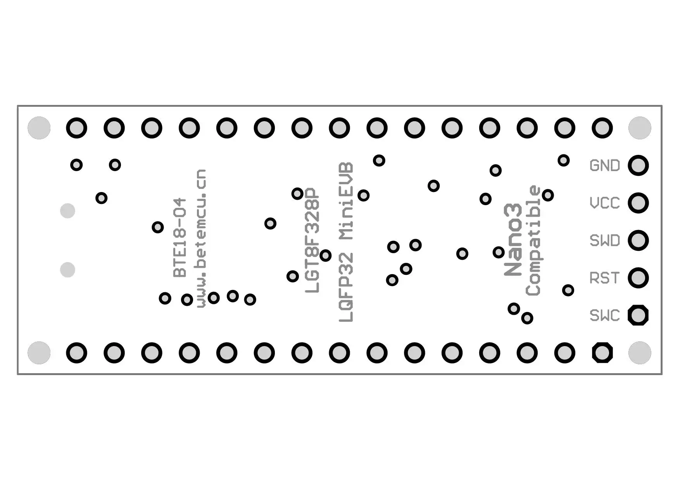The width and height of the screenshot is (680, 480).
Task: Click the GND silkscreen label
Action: click(x=604, y=166)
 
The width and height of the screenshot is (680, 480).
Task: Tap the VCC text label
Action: click(x=604, y=203)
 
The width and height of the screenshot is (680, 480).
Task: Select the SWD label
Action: click(x=604, y=241)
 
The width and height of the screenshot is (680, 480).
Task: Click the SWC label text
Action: click(x=604, y=315)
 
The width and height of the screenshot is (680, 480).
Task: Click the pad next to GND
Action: click(x=638, y=165)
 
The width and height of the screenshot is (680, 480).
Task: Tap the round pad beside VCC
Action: click(x=638, y=203)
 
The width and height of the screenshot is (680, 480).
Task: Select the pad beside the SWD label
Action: click(x=638, y=240)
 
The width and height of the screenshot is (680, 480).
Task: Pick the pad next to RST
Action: click(x=638, y=278)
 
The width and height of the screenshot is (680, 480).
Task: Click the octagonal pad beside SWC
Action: click(x=638, y=315)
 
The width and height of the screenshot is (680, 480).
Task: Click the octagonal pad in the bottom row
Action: click(x=602, y=353)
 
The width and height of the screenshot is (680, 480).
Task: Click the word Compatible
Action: click(x=533, y=241)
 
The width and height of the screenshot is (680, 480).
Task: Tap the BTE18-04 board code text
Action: click(x=179, y=238)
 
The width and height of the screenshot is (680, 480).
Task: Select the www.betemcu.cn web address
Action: click(x=201, y=238)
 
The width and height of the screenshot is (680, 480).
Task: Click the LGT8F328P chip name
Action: click(x=312, y=240)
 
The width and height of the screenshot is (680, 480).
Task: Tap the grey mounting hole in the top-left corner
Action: click(x=39, y=128)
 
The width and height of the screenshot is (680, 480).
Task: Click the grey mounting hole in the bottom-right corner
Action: click(x=640, y=353)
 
